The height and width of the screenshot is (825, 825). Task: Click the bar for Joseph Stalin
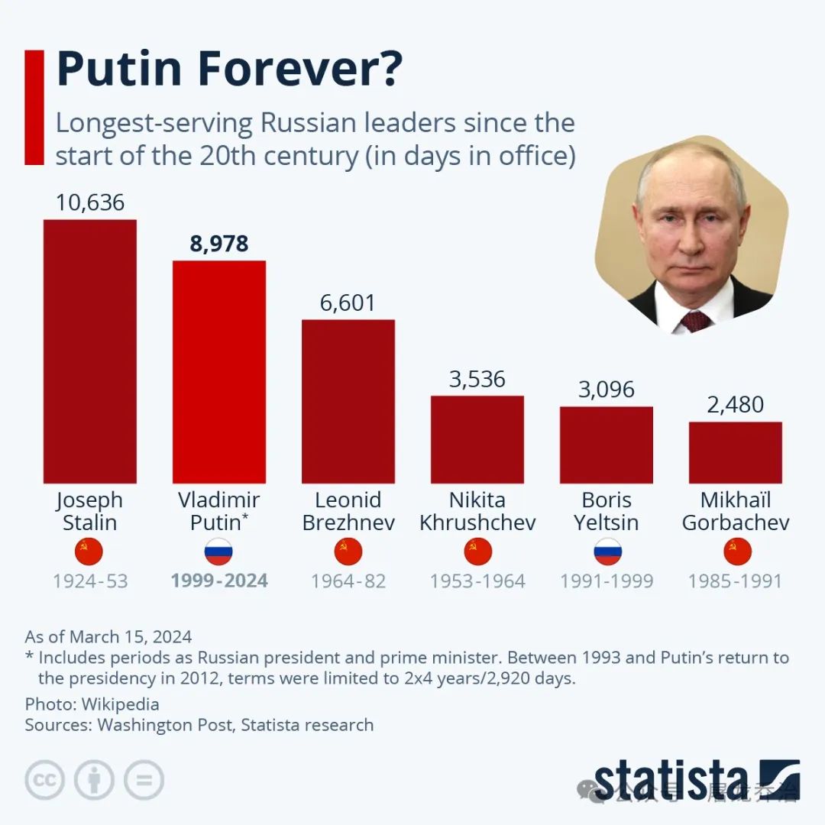pos(89,351)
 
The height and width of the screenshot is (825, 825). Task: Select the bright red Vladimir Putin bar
pos(219,372)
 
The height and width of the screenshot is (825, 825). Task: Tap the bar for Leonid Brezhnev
pos(348,401)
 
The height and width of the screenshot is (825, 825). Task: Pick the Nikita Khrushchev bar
pos(477,439)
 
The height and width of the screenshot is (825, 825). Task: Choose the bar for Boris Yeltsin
pos(607,445)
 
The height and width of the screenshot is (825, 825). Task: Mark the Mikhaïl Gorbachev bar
pos(736,452)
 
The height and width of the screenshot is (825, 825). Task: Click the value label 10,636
pos(89,202)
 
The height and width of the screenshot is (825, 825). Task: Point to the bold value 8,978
pos(219,244)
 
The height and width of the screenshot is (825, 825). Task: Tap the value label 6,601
pos(348,302)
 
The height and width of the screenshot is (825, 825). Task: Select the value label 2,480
pos(736,405)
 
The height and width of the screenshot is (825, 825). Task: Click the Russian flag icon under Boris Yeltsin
pos(607,552)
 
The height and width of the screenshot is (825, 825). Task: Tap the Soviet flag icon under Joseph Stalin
pos(89,552)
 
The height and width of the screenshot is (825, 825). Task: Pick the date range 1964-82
pos(348,581)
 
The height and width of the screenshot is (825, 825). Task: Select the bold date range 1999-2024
pos(219,581)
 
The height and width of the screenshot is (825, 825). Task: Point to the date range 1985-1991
pos(736,581)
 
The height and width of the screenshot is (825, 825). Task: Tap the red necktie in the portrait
pos(694,320)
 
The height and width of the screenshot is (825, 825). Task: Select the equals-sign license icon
pos(144,780)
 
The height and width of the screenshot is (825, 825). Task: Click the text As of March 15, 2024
pos(108,636)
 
